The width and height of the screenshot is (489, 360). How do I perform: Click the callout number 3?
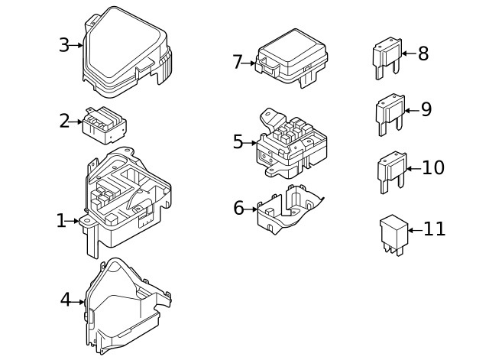64,45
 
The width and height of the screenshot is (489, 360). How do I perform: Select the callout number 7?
238,62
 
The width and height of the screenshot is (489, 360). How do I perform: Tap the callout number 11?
435,229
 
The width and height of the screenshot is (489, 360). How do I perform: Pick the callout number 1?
61,221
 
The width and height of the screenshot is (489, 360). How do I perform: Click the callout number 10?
433,167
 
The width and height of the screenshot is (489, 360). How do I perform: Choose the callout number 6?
238,208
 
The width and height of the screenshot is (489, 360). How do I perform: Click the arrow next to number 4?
77,302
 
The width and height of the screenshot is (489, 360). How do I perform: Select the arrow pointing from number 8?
409,54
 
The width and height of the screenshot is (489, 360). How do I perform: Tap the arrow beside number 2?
76,122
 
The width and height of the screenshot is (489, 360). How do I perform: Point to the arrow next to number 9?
412,110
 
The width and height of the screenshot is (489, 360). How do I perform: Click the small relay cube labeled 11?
393,235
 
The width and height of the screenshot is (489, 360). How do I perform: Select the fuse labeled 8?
387,58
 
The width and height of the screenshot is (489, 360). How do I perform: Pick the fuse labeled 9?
390,114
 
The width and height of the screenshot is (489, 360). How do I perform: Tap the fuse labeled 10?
392,172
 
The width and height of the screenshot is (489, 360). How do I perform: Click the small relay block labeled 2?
104,125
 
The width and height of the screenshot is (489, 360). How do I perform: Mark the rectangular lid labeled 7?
291,58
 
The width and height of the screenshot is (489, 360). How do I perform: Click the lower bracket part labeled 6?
289,209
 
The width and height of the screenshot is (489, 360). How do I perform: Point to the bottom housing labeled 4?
128,306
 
